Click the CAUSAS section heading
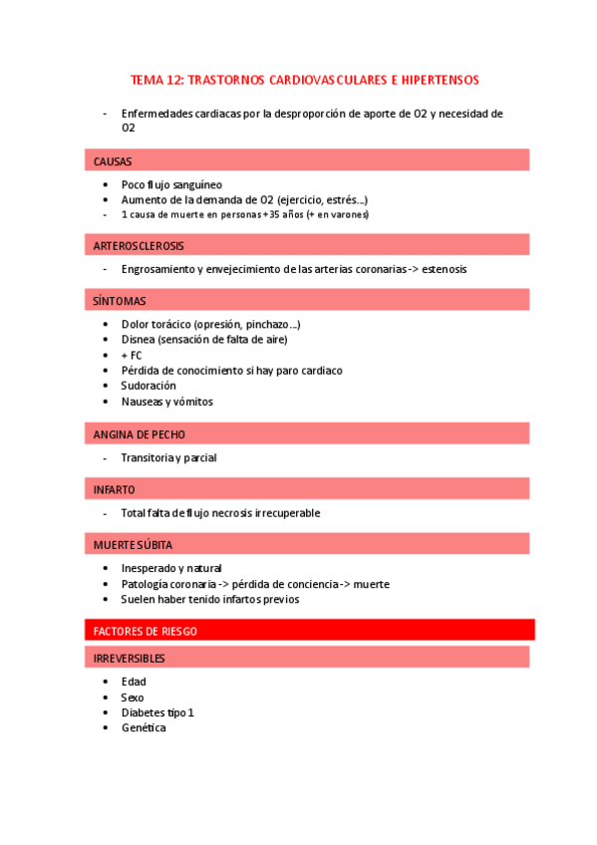coord(113,161)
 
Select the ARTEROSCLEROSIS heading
coord(139,245)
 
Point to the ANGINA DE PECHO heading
coord(140,434)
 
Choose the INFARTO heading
coord(115,490)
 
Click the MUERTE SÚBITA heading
coord(135,545)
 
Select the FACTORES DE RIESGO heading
coord(146,631)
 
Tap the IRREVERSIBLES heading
coord(130,659)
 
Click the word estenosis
coord(445,269)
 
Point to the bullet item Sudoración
coord(149,386)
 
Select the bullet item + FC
coord(132,355)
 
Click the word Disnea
coord(138,339)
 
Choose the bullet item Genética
coord(144,728)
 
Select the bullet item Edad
coord(134,682)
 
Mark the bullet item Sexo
coord(133,698)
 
